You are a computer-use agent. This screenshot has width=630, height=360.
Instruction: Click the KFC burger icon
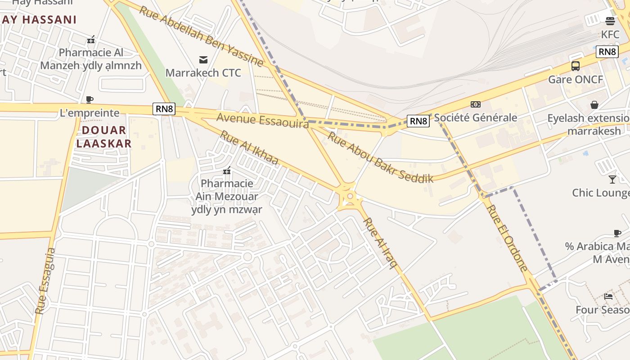tap(610, 21)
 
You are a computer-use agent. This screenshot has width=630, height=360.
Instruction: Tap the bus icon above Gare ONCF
tap(575, 66)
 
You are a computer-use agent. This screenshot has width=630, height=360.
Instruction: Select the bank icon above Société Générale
tap(475, 104)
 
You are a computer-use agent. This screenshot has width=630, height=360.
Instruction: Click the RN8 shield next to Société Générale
tap(418, 121)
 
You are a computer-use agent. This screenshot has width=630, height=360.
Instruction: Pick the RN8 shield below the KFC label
tap(607, 52)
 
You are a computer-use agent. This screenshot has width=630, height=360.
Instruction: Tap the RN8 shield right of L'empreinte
tap(164, 109)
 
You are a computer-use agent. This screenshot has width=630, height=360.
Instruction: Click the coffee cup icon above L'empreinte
tap(90, 99)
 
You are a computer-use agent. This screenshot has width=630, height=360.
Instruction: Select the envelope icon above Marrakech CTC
tap(203, 59)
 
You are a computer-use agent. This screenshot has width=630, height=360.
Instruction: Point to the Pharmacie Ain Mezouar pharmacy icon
tap(227, 171)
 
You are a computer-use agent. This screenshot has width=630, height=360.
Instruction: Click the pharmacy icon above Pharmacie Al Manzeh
tap(91, 40)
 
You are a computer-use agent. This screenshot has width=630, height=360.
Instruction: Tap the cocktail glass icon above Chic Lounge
tap(612, 180)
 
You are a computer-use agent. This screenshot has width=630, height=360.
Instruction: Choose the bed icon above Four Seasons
tap(608, 296)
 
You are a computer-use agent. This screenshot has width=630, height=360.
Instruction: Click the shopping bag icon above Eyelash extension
tap(594, 105)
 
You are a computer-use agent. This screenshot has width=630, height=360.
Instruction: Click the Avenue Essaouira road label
tap(262, 120)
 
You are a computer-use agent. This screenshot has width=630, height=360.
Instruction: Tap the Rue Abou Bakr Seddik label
tap(380, 157)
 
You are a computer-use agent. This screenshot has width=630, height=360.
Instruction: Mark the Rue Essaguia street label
tap(45, 281)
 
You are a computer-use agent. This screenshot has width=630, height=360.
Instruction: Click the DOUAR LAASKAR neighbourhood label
tap(103, 137)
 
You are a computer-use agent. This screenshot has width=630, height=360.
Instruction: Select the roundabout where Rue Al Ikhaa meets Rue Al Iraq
tap(349, 197)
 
